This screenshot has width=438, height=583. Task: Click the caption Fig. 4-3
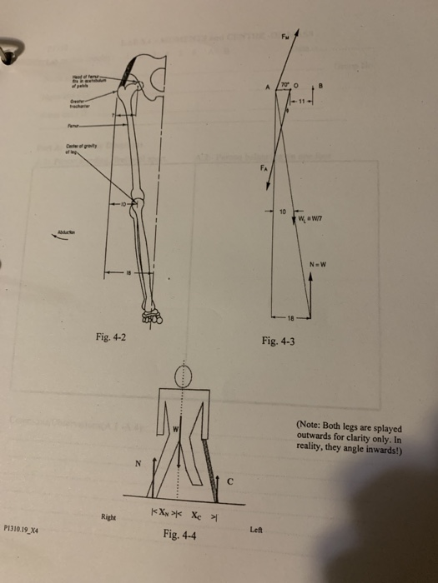278,341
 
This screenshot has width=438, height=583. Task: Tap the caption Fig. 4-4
180,534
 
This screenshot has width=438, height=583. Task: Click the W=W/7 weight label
310,218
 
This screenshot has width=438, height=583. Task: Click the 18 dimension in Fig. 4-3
291,318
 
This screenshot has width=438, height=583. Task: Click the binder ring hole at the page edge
8,55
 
